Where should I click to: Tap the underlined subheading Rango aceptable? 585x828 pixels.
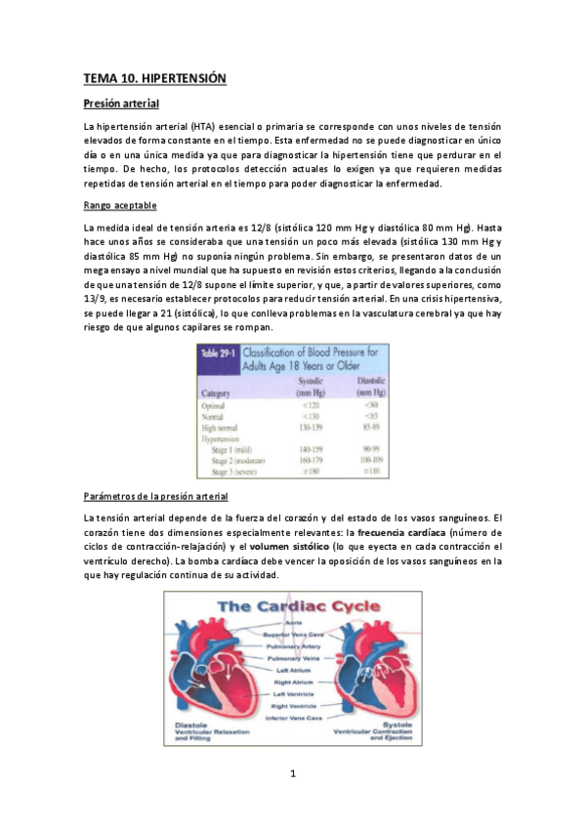click(x=119, y=205)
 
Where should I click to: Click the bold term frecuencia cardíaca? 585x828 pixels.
click(x=397, y=532)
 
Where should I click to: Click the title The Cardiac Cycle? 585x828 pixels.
click(x=293, y=607)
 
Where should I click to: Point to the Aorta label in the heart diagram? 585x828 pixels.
click(x=293, y=622)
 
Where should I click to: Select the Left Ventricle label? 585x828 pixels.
click(x=293, y=694)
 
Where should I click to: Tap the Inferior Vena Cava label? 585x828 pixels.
click(x=293, y=718)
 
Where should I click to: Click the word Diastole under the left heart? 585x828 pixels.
click(x=191, y=724)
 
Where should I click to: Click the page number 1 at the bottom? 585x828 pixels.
click(x=292, y=774)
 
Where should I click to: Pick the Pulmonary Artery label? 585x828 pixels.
click(x=293, y=645)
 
